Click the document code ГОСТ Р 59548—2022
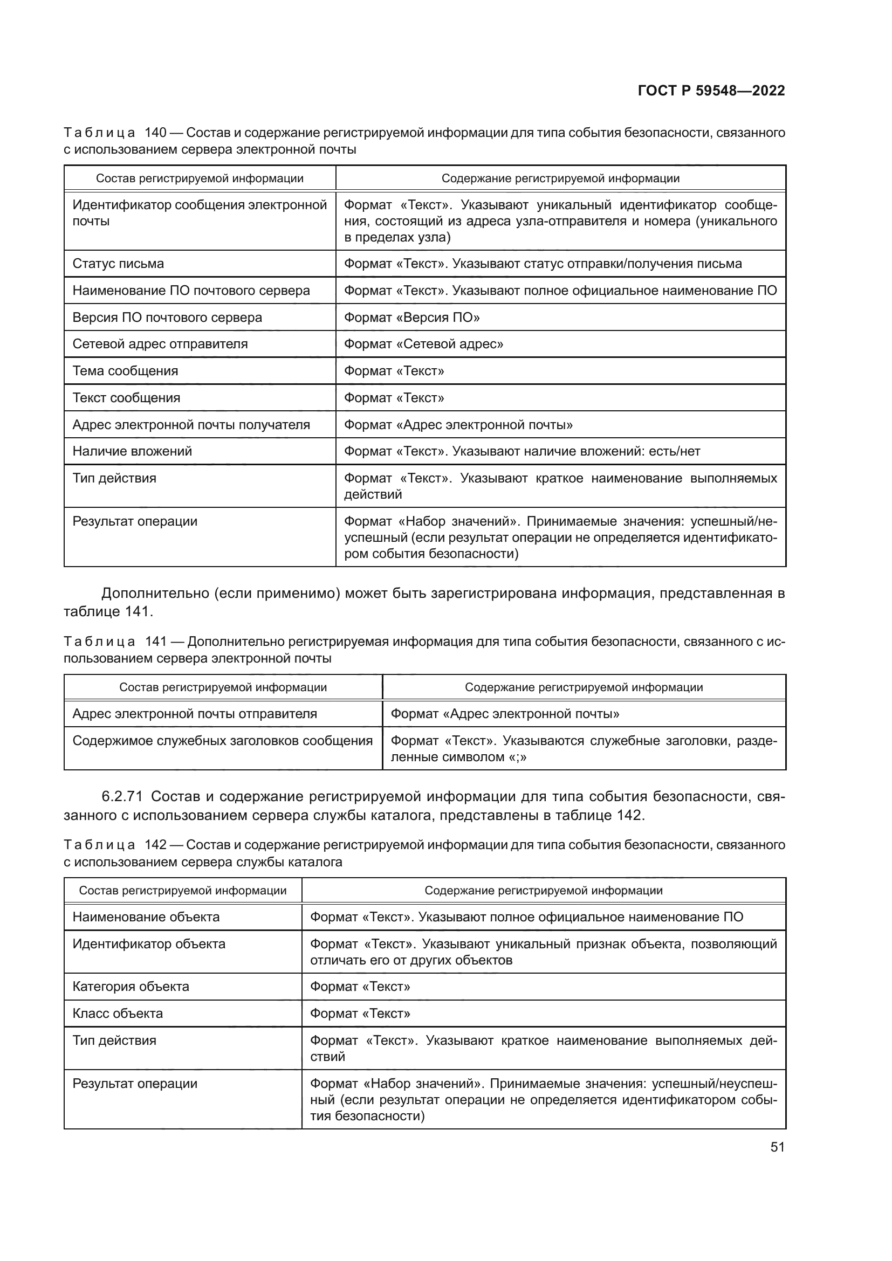click(x=711, y=91)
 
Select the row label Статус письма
click(x=118, y=264)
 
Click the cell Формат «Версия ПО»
click(x=412, y=318)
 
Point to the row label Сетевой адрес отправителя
click(x=160, y=344)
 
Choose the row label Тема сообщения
click(x=125, y=371)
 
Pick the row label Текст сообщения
click(x=126, y=398)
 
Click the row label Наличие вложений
click(x=132, y=451)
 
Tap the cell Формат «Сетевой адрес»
click(x=423, y=344)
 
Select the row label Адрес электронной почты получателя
click(x=191, y=424)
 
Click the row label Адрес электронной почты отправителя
click(x=195, y=714)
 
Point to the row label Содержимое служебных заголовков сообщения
click(x=222, y=741)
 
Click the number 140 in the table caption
click(x=155, y=133)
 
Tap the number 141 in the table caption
click(x=155, y=642)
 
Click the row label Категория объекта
click(x=131, y=987)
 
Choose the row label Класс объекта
click(x=118, y=1014)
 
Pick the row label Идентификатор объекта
click(x=149, y=943)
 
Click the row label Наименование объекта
click(x=146, y=917)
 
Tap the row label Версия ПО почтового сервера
click(x=167, y=318)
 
